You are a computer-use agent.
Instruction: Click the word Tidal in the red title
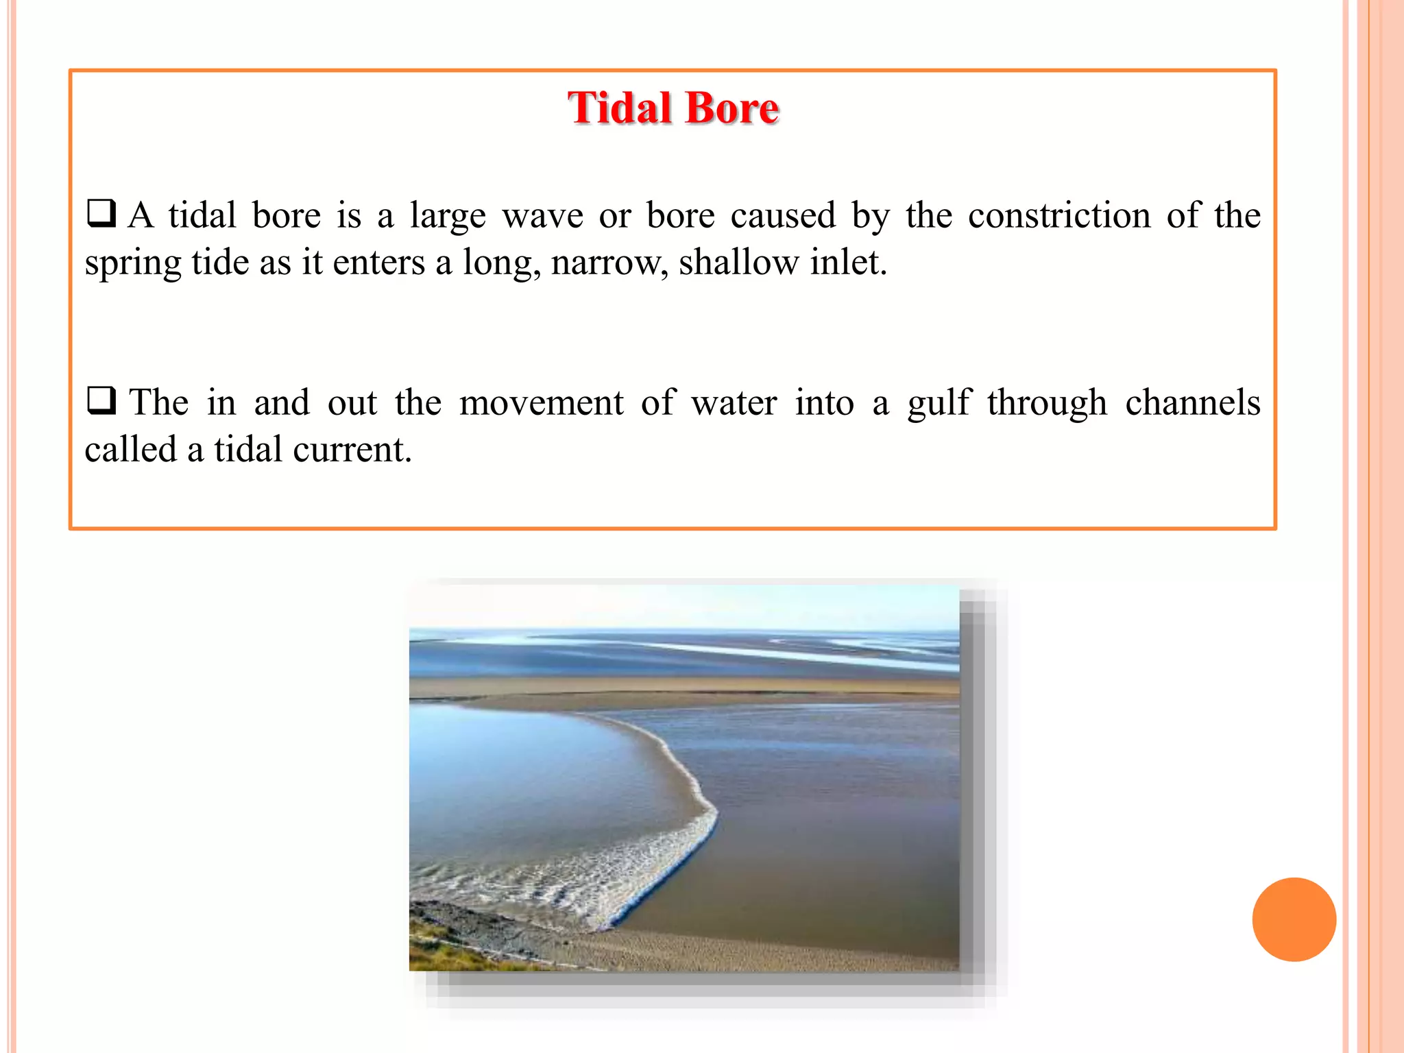pyautogui.click(x=620, y=108)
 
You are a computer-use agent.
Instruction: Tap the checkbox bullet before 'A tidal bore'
pyautogui.click(x=101, y=213)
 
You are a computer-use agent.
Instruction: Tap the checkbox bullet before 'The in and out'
pyautogui.click(x=101, y=400)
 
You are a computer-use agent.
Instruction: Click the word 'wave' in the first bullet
pyautogui.click(x=542, y=215)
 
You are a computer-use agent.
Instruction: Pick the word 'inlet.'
pyautogui.click(x=849, y=262)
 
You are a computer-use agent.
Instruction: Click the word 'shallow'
pyautogui.click(x=738, y=262)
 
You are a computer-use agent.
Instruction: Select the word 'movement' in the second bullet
pyautogui.click(x=541, y=402)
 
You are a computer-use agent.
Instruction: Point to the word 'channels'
pyautogui.click(x=1192, y=402)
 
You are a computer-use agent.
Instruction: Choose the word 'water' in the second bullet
pyautogui.click(x=734, y=402)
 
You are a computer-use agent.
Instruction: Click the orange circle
pyautogui.click(x=1294, y=919)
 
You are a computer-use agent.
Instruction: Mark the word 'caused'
pyautogui.click(x=783, y=215)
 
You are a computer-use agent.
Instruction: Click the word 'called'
pyautogui.click(x=130, y=450)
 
